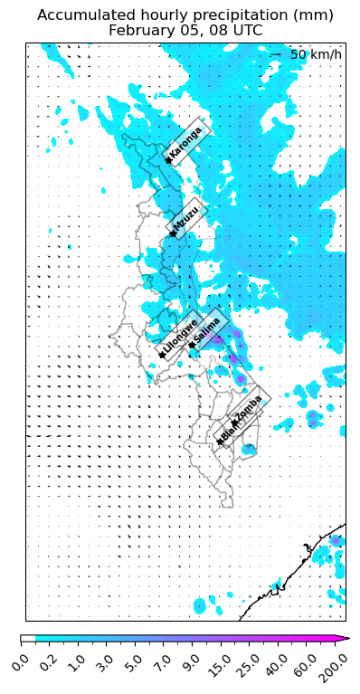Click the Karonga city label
[187, 142]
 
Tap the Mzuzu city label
[188, 218]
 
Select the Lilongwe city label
[181, 336]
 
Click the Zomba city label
[249, 407]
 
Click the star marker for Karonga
[168, 161]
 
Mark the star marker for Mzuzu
[173, 234]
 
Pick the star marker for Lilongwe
[162, 355]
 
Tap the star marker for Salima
[192, 345]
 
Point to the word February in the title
[141, 30]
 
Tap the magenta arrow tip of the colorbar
[343, 639]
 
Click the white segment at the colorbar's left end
[28, 639]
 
